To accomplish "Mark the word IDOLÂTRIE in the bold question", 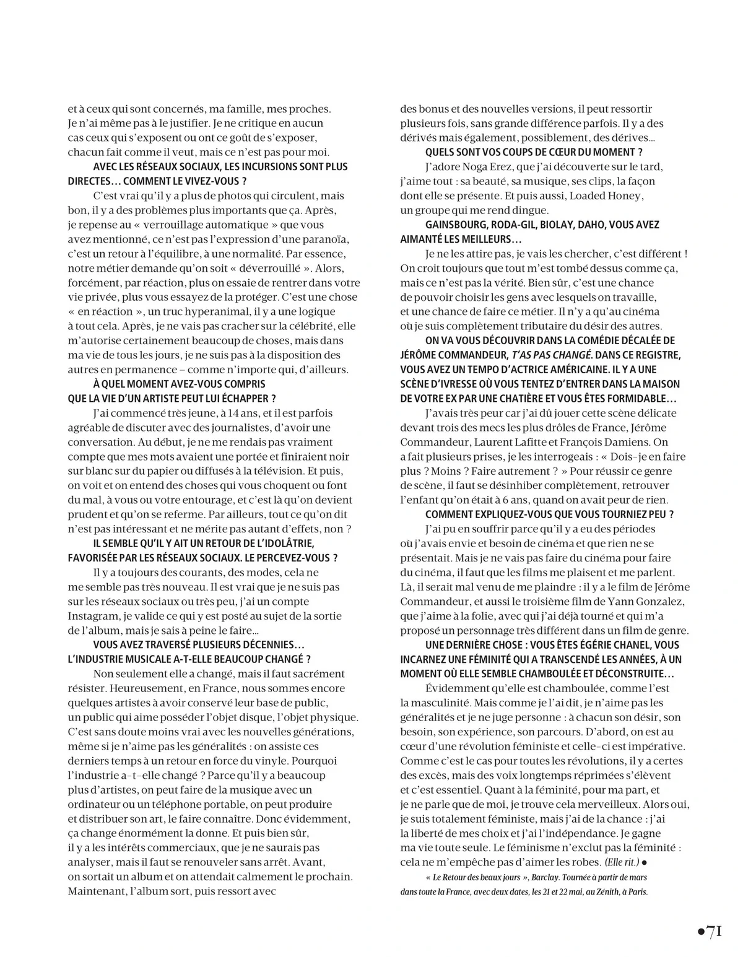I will [x=283, y=543].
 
